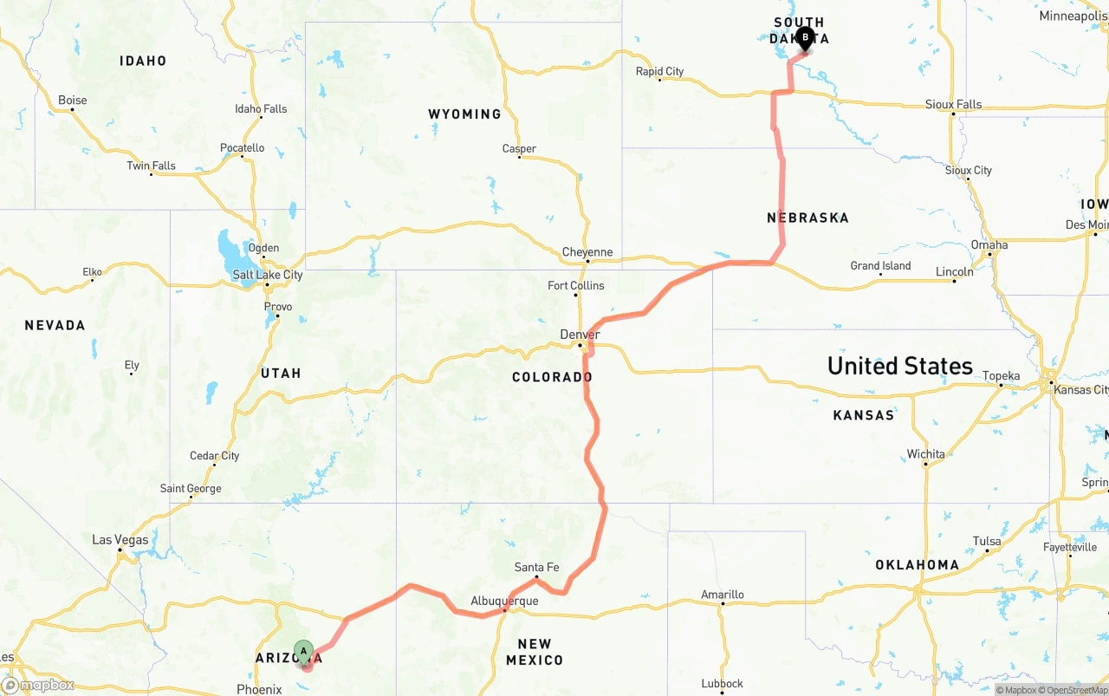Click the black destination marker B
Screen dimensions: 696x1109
805,38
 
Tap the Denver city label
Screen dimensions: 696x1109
580,335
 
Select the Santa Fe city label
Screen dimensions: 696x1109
536,568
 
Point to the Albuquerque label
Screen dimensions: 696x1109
504,601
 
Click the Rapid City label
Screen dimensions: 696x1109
659,71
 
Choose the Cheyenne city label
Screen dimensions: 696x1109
587,252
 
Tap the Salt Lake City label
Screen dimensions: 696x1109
268,275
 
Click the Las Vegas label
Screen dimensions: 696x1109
120,540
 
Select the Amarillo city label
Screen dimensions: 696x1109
722,595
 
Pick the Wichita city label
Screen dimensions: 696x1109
925,454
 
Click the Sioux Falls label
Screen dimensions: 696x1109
953,104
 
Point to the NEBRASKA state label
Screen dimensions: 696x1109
807,218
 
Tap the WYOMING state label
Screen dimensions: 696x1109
464,114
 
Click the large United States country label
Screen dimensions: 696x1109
899,366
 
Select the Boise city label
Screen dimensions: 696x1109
72,100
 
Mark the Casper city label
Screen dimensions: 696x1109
519,148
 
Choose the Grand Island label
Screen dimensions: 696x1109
879,266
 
